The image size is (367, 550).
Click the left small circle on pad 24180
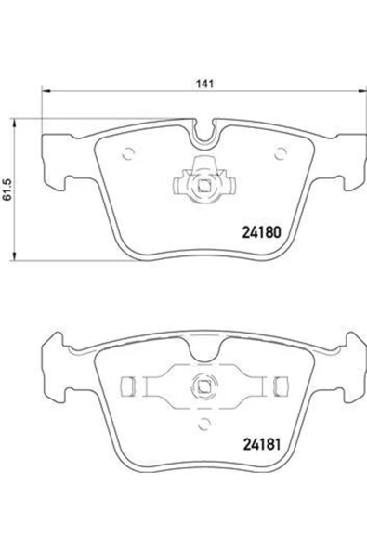tap(131, 154)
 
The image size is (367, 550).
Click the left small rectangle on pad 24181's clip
tap(131, 384)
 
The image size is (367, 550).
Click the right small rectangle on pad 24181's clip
tap(280, 384)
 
